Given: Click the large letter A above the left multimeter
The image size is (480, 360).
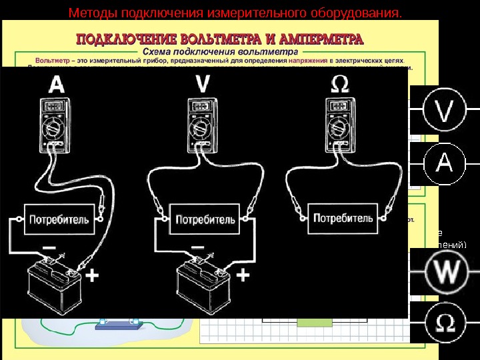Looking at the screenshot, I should (57, 84).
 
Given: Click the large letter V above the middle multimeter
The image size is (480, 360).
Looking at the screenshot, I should (203, 84).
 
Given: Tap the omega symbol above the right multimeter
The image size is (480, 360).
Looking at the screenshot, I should (339, 83).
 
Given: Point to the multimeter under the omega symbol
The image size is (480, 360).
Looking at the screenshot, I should (339, 122).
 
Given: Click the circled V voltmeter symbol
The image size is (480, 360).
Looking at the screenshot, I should (445, 111).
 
